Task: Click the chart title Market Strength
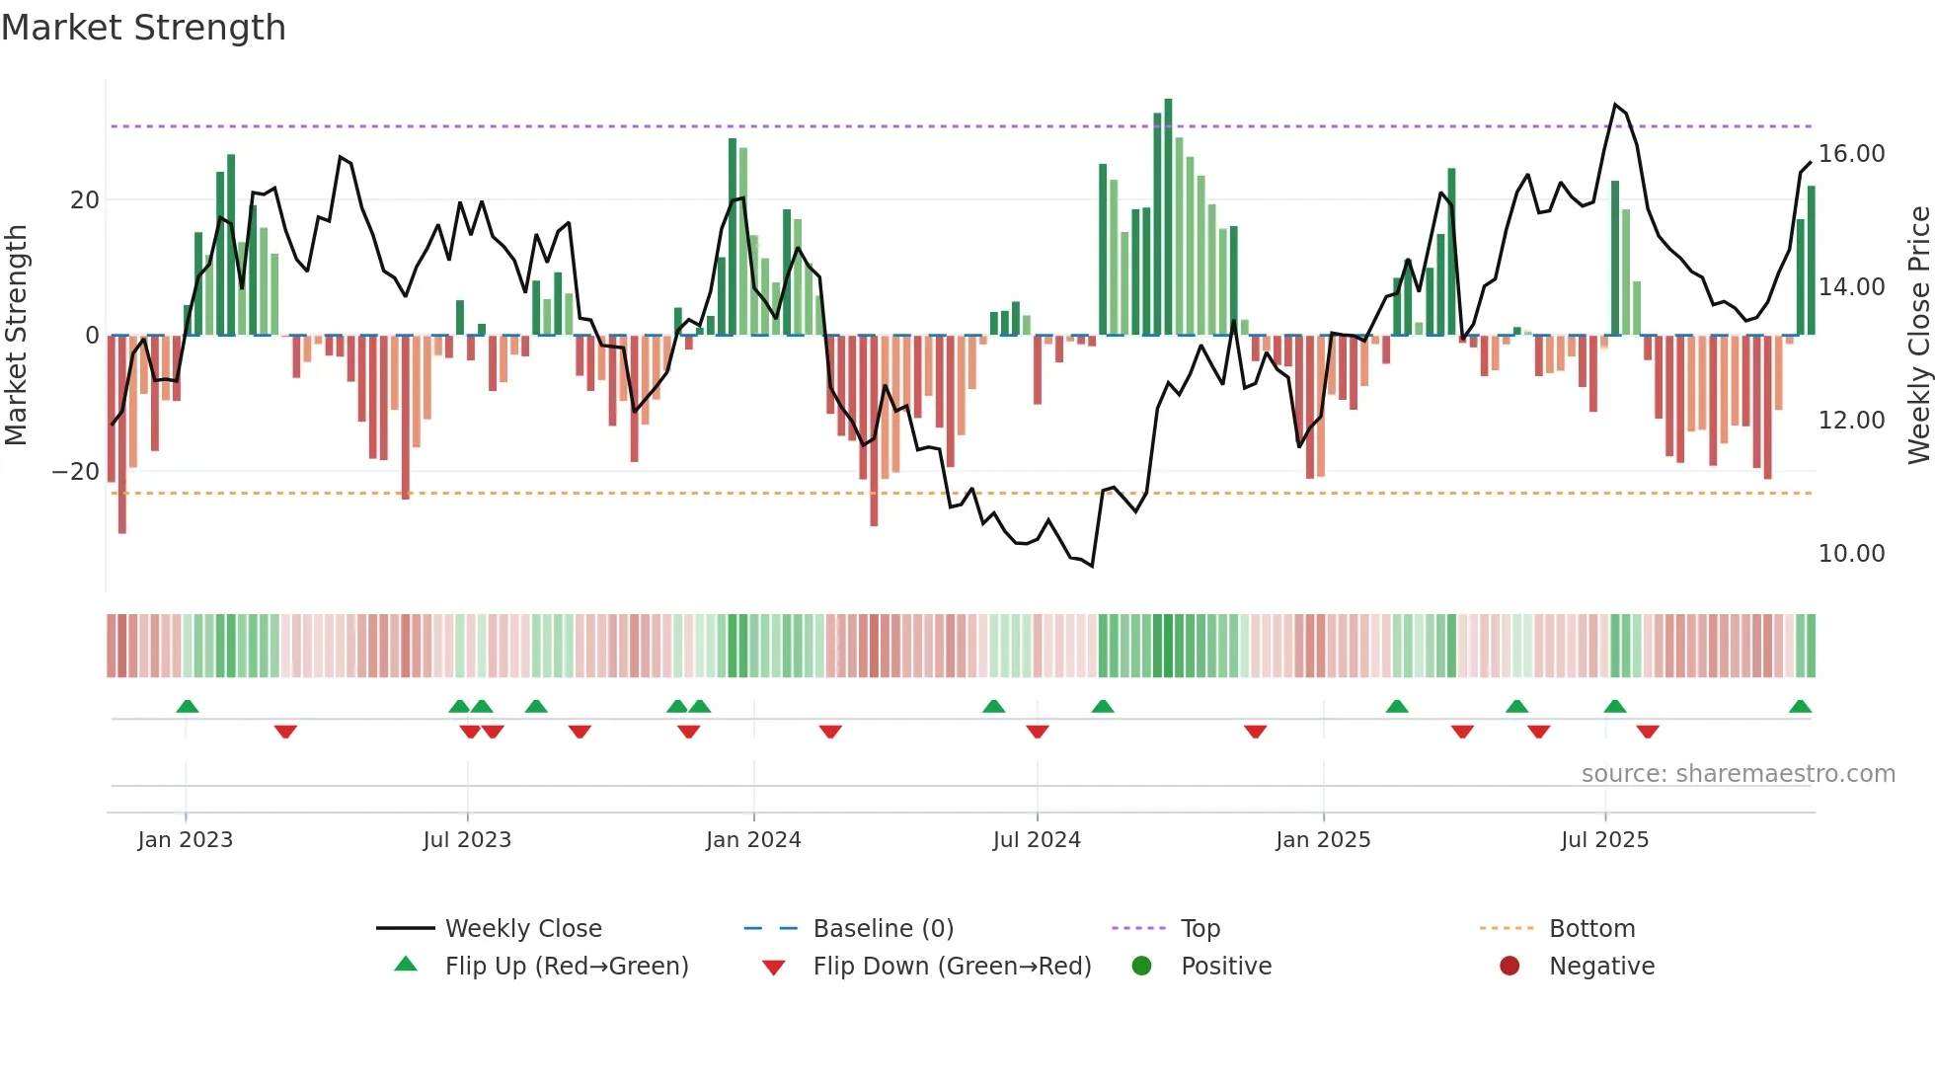tap(143, 28)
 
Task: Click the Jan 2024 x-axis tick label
tap(753, 840)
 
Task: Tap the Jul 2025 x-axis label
tap(1604, 840)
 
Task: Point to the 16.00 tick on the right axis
tap(1851, 154)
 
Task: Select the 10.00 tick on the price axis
tap(1851, 554)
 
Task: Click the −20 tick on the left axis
tap(76, 472)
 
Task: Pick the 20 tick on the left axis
tap(85, 200)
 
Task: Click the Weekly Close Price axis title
tap(1918, 336)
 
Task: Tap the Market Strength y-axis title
tap(17, 336)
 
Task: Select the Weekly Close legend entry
tap(522, 929)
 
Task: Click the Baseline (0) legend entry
tap(883, 929)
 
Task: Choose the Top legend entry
tap(1200, 929)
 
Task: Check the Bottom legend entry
tap(1591, 929)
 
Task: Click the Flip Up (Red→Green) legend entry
tap(566, 967)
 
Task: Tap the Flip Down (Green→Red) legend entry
tap(952, 967)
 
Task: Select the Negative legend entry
tap(1600, 967)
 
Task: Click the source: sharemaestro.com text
tap(1738, 774)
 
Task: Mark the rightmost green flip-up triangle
tap(1800, 707)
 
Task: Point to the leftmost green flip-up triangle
tap(188, 707)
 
